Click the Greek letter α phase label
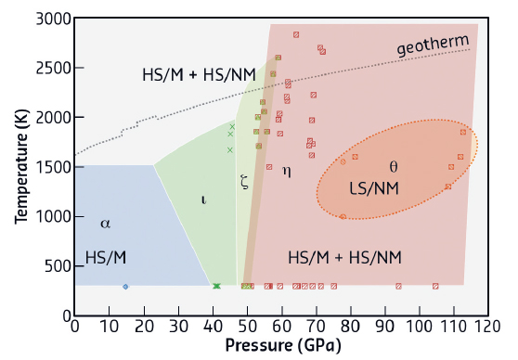(x=105, y=223)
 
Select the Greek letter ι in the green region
(x=203, y=199)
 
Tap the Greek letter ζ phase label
(x=244, y=182)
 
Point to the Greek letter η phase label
(x=286, y=171)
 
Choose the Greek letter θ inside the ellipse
(x=393, y=167)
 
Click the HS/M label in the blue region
(x=104, y=256)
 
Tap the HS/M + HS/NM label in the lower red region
(x=344, y=256)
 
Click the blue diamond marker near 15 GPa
(x=125, y=287)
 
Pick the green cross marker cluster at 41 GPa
(x=216, y=287)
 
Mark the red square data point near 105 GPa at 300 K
(x=435, y=287)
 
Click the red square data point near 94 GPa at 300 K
(x=398, y=287)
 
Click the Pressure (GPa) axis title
(x=279, y=345)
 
